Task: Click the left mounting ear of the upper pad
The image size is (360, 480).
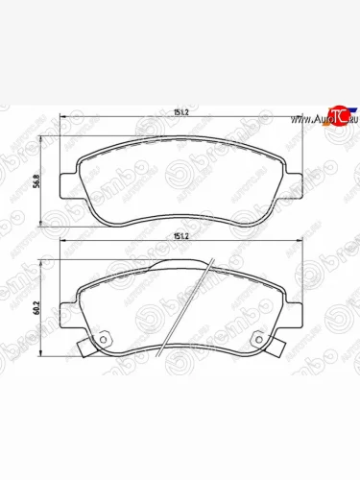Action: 66,181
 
